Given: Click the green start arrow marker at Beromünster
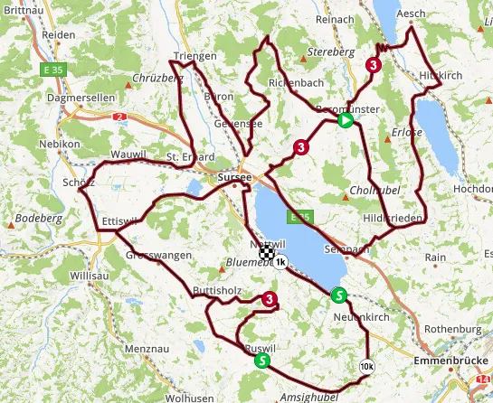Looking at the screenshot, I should click(345, 119).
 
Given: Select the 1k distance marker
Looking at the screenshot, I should click(280, 262).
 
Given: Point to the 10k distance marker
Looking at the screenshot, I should click(365, 366).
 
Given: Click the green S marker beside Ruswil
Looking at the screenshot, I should click(262, 361).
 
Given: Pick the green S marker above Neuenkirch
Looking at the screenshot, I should click(338, 295).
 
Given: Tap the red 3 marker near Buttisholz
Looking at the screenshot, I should click(269, 300).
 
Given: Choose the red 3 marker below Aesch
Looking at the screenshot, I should click(373, 65).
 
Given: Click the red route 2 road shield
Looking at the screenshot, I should click(119, 117).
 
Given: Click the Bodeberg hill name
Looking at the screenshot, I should click(36, 218).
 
